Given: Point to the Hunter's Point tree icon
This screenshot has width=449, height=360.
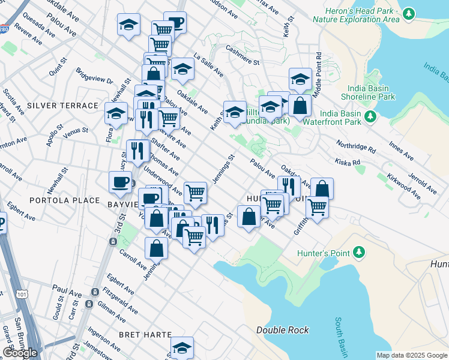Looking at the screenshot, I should (x=360, y=252).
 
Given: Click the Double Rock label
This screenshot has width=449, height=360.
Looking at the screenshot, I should (x=282, y=330).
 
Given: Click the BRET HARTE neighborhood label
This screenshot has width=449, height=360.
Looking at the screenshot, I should (x=145, y=334).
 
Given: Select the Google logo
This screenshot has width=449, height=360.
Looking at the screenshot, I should (x=20, y=353).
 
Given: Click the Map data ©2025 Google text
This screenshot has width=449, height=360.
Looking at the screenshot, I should (x=411, y=355).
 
